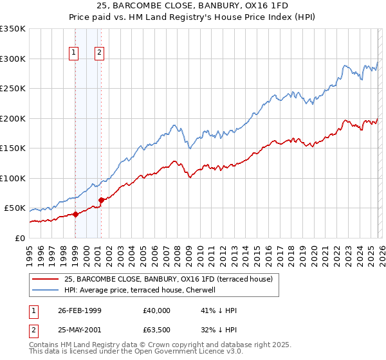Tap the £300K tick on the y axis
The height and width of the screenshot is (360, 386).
click(x=13, y=59)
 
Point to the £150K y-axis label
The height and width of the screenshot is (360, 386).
click(x=13, y=148)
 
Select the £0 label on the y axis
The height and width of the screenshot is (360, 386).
click(x=19, y=238)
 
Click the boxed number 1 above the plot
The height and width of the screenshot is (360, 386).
click(x=75, y=53)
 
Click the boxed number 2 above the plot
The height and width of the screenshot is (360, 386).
click(x=100, y=53)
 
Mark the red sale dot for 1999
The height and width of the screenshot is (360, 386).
click(x=75, y=214)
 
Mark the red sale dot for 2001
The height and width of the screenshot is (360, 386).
click(x=102, y=200)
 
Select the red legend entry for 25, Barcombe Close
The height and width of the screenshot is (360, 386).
click(x=169, y=279)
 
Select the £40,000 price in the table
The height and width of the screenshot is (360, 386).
click(x=157, y=310)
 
